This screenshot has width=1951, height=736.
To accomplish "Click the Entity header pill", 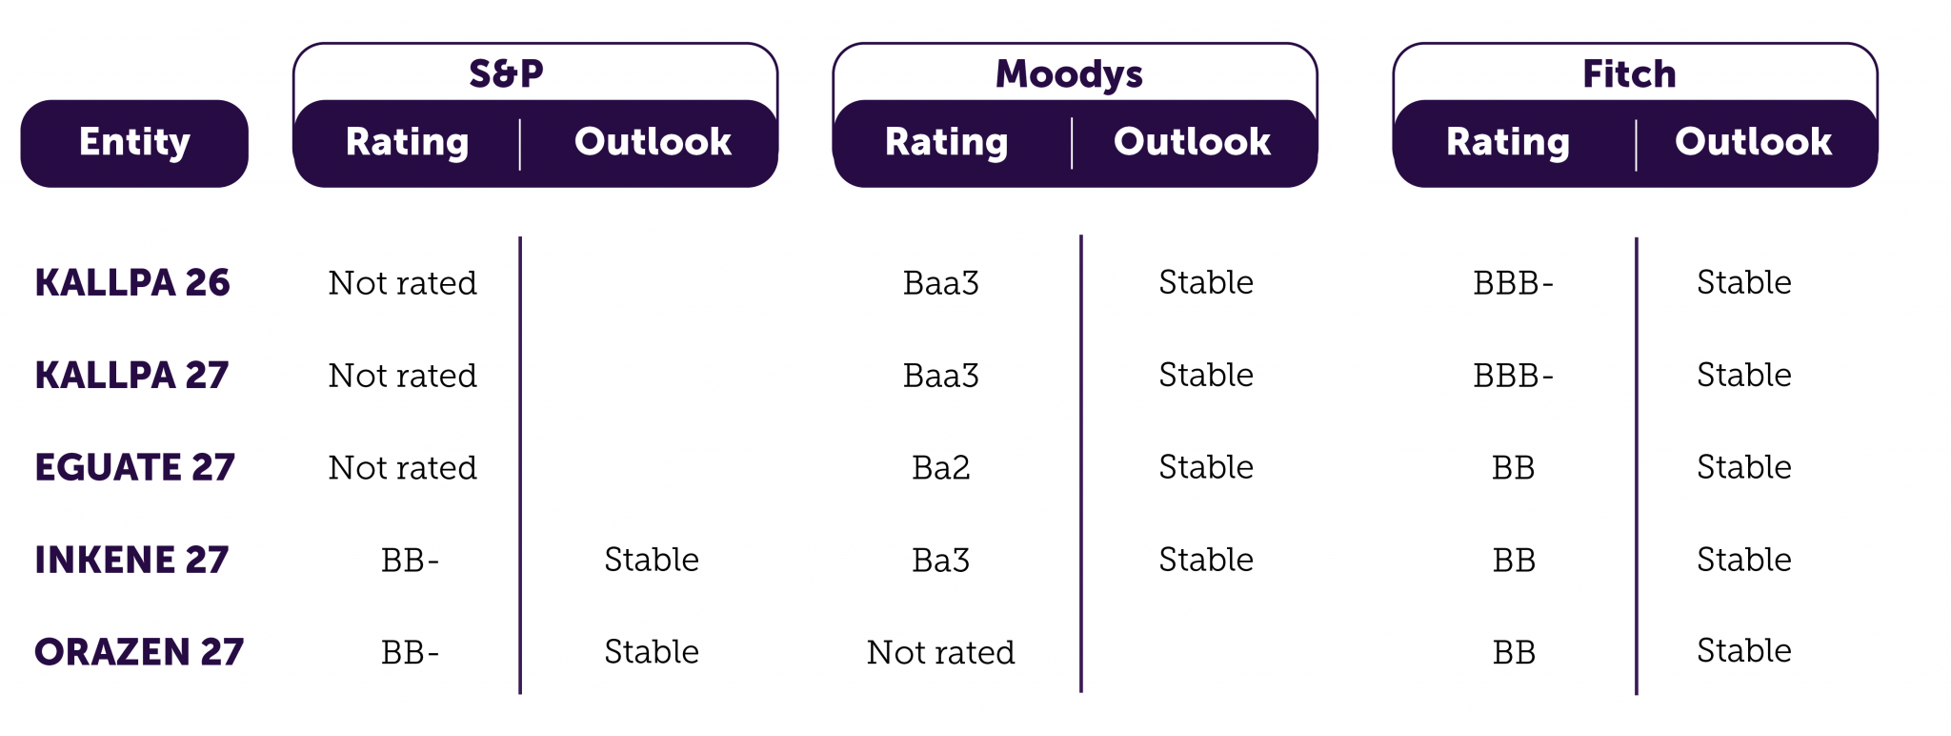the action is click(x=134, y=143).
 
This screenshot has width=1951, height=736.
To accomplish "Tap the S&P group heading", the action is click(x=506, y=73).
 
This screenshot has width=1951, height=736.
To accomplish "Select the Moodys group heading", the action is click(x=1069, y=74).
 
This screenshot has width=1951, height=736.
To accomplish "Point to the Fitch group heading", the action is click(x=1629, y=73).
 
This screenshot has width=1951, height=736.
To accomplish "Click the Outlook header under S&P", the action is click(x=653, y=142).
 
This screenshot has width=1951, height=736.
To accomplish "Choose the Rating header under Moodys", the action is click(x=946, y=143).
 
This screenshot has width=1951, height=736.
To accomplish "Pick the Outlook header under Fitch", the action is click(x=1753, y=142).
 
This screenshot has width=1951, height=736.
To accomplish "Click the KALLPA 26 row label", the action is click(x=132, y=283).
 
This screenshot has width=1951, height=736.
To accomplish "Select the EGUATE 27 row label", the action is click(x=134, y=467).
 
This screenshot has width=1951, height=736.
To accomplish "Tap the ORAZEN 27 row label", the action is click(x=139, y=652).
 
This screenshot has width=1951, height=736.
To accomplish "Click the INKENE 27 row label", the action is click(x=131, y=560).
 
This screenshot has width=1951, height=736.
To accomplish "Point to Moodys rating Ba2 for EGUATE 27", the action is click(x=941, y=468).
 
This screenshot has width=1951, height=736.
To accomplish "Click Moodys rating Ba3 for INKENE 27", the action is click(x=941, y=561).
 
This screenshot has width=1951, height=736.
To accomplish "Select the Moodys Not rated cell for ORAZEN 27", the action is click(x=941, y=652).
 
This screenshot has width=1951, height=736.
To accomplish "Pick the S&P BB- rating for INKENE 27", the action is click(x=410, y=561).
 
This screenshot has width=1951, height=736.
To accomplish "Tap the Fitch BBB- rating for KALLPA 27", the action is click(x=1513, y=376).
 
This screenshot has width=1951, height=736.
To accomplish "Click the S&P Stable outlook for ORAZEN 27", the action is click(x=652, y=652).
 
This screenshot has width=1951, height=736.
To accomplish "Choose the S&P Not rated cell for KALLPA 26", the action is click(x=402, y=283).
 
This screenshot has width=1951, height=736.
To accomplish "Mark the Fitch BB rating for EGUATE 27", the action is click(x=1514, y=468).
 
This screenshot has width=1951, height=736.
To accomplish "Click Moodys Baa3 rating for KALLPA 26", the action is click(x=941, y=283).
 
